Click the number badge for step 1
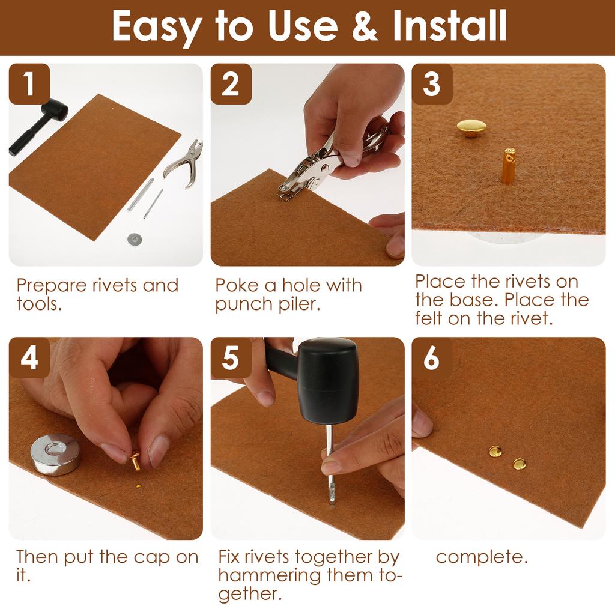tap(29, 83)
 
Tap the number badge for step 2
tap(231, 83)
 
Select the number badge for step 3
tap(432, 83)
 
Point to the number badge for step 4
tap(29, 357)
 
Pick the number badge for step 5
tap(231, 357)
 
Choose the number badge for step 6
tap(432, 357)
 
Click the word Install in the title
tap(449, 25)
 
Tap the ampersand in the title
tap(365, 25)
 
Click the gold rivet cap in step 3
tap(471, 129)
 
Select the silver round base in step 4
tap(55, 455)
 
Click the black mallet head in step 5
tap(327, 380)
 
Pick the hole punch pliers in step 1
tap(184, 164)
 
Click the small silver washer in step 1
tap(135, 238)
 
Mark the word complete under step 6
tap(482, 557)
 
